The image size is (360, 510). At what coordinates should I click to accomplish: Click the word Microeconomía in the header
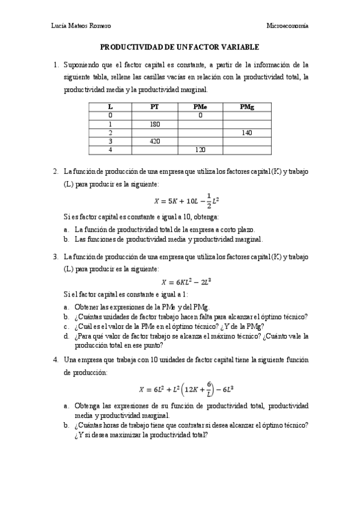coord(287,25)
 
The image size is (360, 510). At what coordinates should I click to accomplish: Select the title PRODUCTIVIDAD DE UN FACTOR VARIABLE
coord(179,46)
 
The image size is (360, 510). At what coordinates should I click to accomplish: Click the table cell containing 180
coord(154,123)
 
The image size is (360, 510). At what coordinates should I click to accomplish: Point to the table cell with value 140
coord(246,132)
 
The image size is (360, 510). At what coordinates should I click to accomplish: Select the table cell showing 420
coord(154,141)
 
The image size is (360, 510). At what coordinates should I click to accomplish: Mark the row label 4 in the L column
coord(110,149)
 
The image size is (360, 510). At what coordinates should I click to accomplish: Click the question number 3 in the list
coord(55,257)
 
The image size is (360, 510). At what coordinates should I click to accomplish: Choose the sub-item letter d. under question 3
coord(66,336)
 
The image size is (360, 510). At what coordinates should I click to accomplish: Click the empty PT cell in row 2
coord(154,132)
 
